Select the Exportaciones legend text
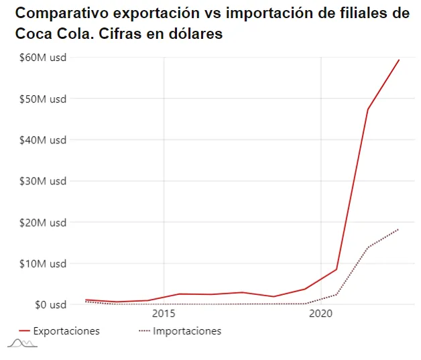66,331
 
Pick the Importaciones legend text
187,331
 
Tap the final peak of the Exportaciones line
399,60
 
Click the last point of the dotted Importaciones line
399,229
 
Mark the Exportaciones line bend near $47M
367,109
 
